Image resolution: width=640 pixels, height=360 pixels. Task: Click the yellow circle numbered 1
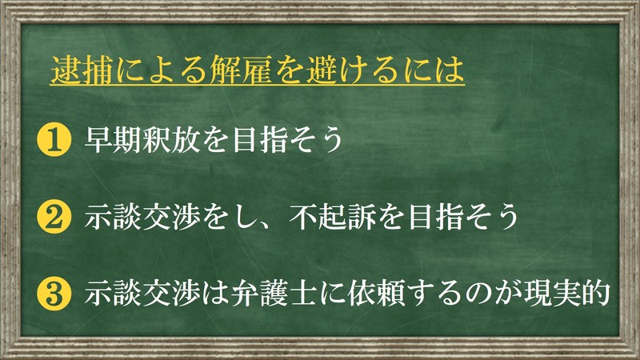[54, 139]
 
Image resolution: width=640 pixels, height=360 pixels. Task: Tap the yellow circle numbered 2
[54, 216]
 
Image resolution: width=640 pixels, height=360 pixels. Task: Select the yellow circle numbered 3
[54, 294]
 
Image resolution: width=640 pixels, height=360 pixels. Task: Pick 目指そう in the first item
[287, 139]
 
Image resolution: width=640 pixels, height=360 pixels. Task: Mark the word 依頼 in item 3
[376, 294]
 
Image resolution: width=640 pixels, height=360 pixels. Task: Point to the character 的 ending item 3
[596, 294]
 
